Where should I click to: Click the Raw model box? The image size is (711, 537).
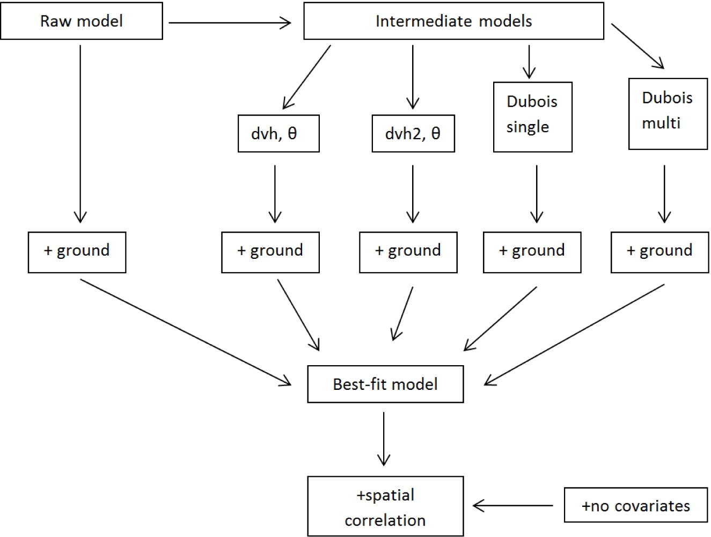[x=82, y=21]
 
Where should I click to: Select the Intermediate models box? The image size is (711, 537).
[x=453, y=21]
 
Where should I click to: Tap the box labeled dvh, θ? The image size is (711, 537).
[x=278, y=133]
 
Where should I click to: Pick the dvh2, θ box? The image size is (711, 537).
[x=413, y=133]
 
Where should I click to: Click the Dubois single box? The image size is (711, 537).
[x=532, y=117]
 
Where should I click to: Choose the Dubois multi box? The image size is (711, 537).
[x=668, y=113]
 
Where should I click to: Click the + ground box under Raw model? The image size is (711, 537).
[x=77, y=252]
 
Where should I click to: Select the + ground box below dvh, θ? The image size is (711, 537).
[x=270, y=252]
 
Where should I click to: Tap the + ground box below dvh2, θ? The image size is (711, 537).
[x=408, y=252]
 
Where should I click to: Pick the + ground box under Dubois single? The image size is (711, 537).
[x=532, y=252]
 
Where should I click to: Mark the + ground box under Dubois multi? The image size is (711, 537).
[x=659, y=252]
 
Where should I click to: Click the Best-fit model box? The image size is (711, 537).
[x=385, y=384]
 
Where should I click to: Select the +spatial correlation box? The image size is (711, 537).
[x=385, y=506]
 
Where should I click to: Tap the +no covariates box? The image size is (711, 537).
[x=636, y=505]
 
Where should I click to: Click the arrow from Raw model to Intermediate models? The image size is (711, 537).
[x=230, y=23]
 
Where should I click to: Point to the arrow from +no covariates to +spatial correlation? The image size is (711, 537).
[x=513, y=505]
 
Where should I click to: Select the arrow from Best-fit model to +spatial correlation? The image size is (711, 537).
[x=384, y=438]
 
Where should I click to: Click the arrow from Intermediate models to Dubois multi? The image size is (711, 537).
[x=637, y=46]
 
